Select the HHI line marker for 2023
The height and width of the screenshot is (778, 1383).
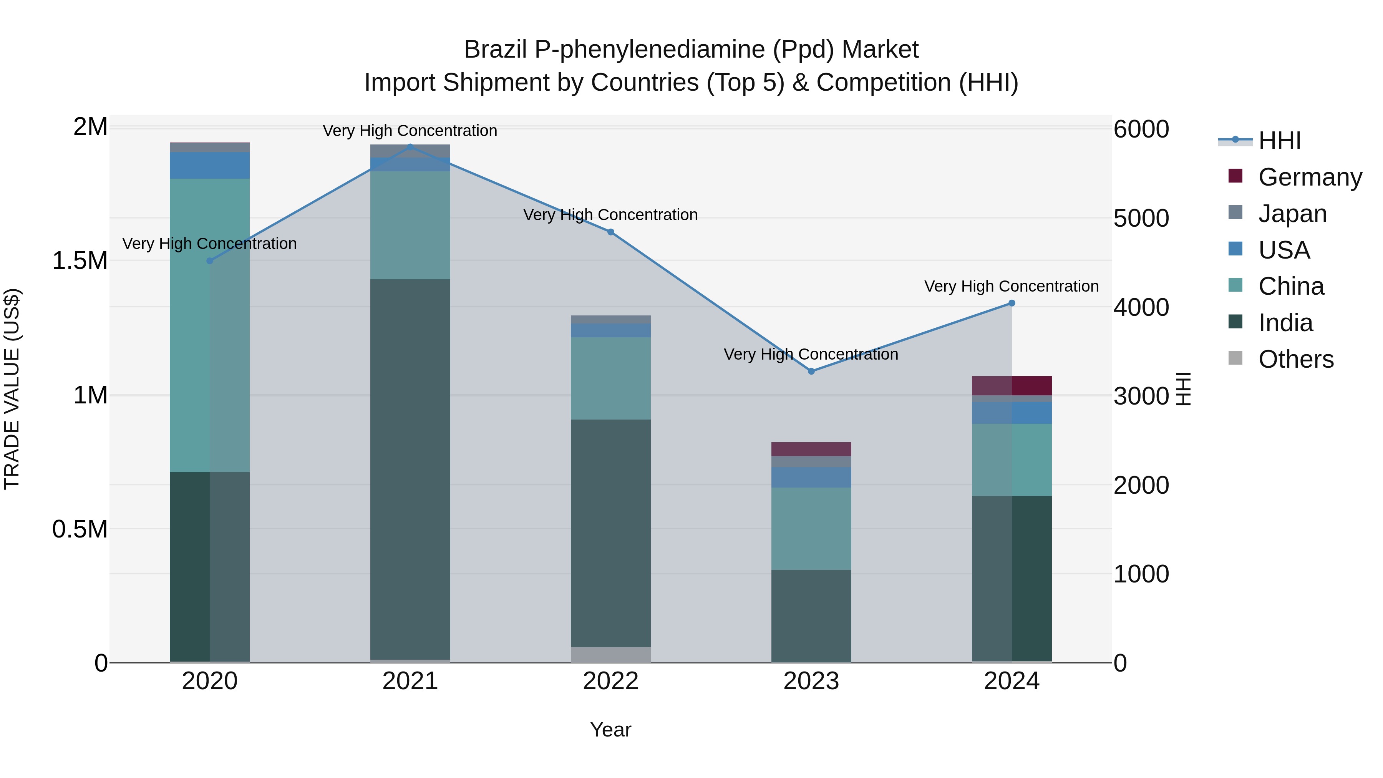pyautogui.click(x=811, y=371)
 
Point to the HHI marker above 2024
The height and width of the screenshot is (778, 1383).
pyautogui.click(x=1012, y=303)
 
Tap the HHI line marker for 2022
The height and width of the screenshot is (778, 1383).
pyautogui.click(x=610, y=232)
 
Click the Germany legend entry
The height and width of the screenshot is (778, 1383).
pyautogui.click(x=1310, y=177)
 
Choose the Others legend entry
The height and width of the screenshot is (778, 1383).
pyautogui.click(x=1295, y=359)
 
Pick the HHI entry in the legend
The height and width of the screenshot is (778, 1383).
pyautogui.click(x=1279, y=141)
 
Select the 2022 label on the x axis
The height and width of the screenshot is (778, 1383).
pyautogui.click(x=610, y=681)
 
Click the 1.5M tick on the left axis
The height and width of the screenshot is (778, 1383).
pyautogui.click(x=80, y=261)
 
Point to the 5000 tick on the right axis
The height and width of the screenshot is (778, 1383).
pyautogui.click(x=1141, y=219)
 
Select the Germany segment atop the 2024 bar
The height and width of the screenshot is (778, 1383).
pyautogui.click(x=1012, y=385)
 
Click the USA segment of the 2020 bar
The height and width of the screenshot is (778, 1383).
pyautogui.click(x=209, y=165)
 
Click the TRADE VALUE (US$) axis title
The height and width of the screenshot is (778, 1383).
pyautogui.click(x=12, y=389)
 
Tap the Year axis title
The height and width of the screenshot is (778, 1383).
pyautogui.click(x=610, y=730)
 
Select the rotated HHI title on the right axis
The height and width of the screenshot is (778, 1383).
pyautogui.click(x=1183, y=389)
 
